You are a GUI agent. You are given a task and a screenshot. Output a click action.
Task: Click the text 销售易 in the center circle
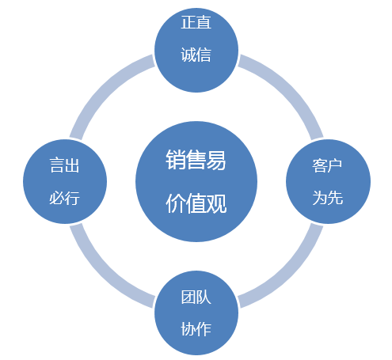(x=196, y=160)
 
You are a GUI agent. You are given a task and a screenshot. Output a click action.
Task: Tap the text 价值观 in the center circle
(x=196, y=203)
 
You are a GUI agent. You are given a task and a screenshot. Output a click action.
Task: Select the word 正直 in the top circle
(x=196, y=22)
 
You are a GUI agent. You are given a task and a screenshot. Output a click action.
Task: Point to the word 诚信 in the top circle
(x=196, y=55)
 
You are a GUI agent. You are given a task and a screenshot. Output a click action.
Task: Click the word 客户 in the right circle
(x=327, y=165)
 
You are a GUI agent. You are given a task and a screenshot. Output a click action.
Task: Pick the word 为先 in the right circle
(x=328, y=198)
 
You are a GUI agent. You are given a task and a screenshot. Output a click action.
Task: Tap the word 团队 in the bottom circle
(x=196, y=297)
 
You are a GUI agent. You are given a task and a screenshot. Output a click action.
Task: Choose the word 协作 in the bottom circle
(x=196, y=329)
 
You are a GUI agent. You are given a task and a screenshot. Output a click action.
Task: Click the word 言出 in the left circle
(x=65, y=165)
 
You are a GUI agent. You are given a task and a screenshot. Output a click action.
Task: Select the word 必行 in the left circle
(x=65, y=198)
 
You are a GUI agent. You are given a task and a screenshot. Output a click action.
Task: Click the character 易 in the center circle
(x=216, y=160)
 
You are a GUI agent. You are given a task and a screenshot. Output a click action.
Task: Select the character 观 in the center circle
(x=217, y=203)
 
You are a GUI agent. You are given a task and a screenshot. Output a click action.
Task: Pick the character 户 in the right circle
(x=335, y=165)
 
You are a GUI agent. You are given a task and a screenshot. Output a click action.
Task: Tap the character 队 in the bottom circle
(x=204, y=297)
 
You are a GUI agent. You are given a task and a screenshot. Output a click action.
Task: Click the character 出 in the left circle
(x=72, y=165)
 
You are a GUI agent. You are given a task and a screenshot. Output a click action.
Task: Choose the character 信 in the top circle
(x=204, y=55)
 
